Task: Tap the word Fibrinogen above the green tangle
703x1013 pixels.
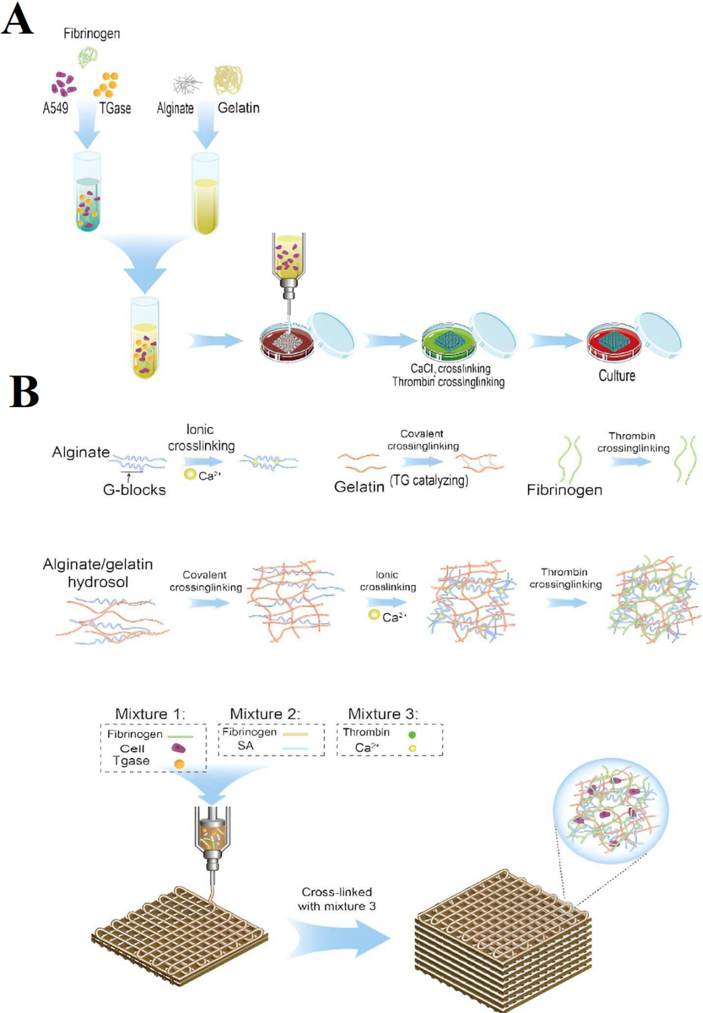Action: pyautogui.click(x=92, y=33)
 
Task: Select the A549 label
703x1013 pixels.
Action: pyautogui.click(x=55, y=108)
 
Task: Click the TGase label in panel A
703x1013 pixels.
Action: pyautogui.click(x=115, y=108)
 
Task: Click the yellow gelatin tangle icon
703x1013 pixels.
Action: pyautogui.click(x=229, y=80)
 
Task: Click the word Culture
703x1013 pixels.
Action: pyautogui.click(x=617, y=375)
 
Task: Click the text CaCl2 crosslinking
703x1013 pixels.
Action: pyautogui.click(x=450, y=369)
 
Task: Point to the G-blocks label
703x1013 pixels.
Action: pyautogui.click(x=134, y=489)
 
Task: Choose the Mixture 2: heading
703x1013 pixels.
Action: pyautogui.click(x=265, y=714)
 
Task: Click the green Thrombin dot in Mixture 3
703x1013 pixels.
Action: pyautogui.click(x=412, y=734)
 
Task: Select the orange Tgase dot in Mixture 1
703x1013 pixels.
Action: pyautogui.click(x=179, y=764)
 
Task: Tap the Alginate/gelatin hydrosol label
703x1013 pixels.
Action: pyautogui.click(x=98, y=573)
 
